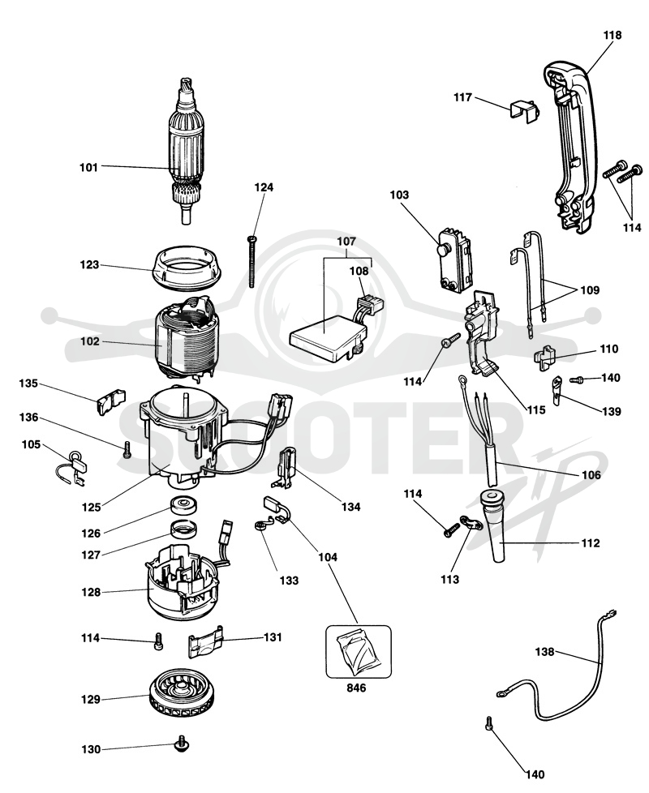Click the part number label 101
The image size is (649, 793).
[88, 167]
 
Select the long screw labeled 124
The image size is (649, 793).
[251, 261]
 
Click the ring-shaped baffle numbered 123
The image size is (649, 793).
[187, 268]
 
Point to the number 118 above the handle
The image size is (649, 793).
[612, 36]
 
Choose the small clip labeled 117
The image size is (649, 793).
[522, 111]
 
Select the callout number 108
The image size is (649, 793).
[359, 271]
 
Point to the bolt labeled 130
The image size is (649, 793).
[179, 744]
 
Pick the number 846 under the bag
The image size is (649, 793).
[356, 688]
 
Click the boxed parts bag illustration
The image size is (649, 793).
[358, 651]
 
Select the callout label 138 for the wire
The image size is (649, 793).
[544, 652]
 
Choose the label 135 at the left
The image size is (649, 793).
[28, 384]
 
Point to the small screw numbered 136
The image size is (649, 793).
[127, 449]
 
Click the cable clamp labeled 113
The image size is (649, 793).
[471, 522]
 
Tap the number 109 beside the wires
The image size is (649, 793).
[589, 290]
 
